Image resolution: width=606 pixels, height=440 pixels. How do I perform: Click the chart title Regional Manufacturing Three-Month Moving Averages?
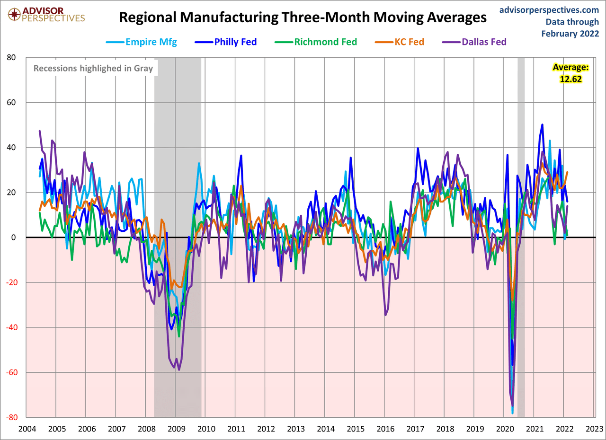pyautogui.click(x=303, y=18)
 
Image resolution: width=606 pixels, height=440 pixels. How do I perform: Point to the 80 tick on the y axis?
pyautogui.click(x=11, y=58)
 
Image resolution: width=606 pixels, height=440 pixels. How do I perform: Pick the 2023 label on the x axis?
pyautogui.click(x=594, y=430)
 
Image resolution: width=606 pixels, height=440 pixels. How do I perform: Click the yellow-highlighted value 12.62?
pyautogui.click(x=570, y=79)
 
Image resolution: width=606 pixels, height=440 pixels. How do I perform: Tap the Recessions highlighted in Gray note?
pyautogui.click(x=93, y=68)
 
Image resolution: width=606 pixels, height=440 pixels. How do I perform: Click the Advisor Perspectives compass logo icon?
pyautogui.click(x=15, y=14)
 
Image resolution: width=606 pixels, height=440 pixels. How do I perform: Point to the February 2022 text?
pyautogui.click(x=570, y=33)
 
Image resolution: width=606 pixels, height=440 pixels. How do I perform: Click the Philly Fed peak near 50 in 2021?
pyautogui.click(x=542, y=125)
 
